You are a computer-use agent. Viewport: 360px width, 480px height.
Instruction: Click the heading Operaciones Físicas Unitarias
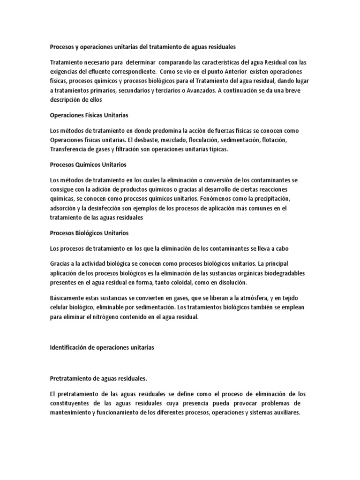(89, 115)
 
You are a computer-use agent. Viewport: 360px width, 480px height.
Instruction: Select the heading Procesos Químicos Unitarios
(88, 165)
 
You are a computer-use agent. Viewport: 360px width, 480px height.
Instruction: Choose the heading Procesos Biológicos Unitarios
(89, 233)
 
